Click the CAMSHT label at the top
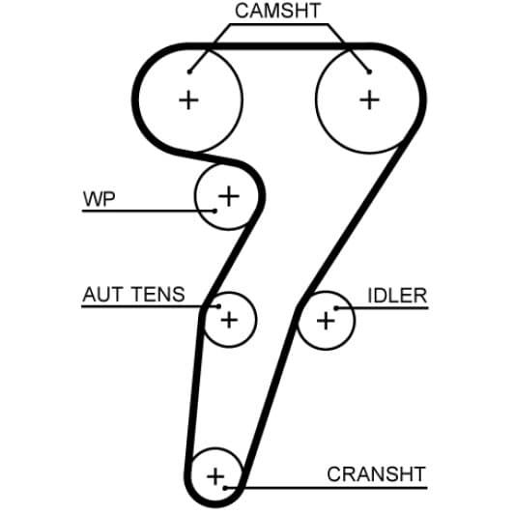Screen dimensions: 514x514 [277, 11]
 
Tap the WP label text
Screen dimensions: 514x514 [99, 199]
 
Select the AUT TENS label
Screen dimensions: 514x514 [133, 294]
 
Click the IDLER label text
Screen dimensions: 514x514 [397, 296]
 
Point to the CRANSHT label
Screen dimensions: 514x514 [377, 474]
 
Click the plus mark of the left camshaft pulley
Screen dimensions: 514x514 [188, 100]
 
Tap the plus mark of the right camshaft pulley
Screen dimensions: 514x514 [369, 100]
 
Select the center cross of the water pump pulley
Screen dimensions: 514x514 [229, 196]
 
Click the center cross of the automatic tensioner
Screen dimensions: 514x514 [229, 320]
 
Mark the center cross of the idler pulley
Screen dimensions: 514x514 [326, 321]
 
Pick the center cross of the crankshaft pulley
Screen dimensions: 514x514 [215, 476]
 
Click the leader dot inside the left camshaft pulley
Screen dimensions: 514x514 [189, 71]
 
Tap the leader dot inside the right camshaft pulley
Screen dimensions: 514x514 [369, 71]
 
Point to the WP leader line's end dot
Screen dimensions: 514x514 [214, 211]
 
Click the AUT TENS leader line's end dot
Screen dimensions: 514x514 [219, 306]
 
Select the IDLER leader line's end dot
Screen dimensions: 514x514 [335, 308]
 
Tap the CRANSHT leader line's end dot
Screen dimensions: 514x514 [225, 488]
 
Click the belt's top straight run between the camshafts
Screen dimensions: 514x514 [278, 46]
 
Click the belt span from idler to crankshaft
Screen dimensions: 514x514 [269, 398]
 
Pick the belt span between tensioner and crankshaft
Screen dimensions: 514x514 [194, 398]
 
